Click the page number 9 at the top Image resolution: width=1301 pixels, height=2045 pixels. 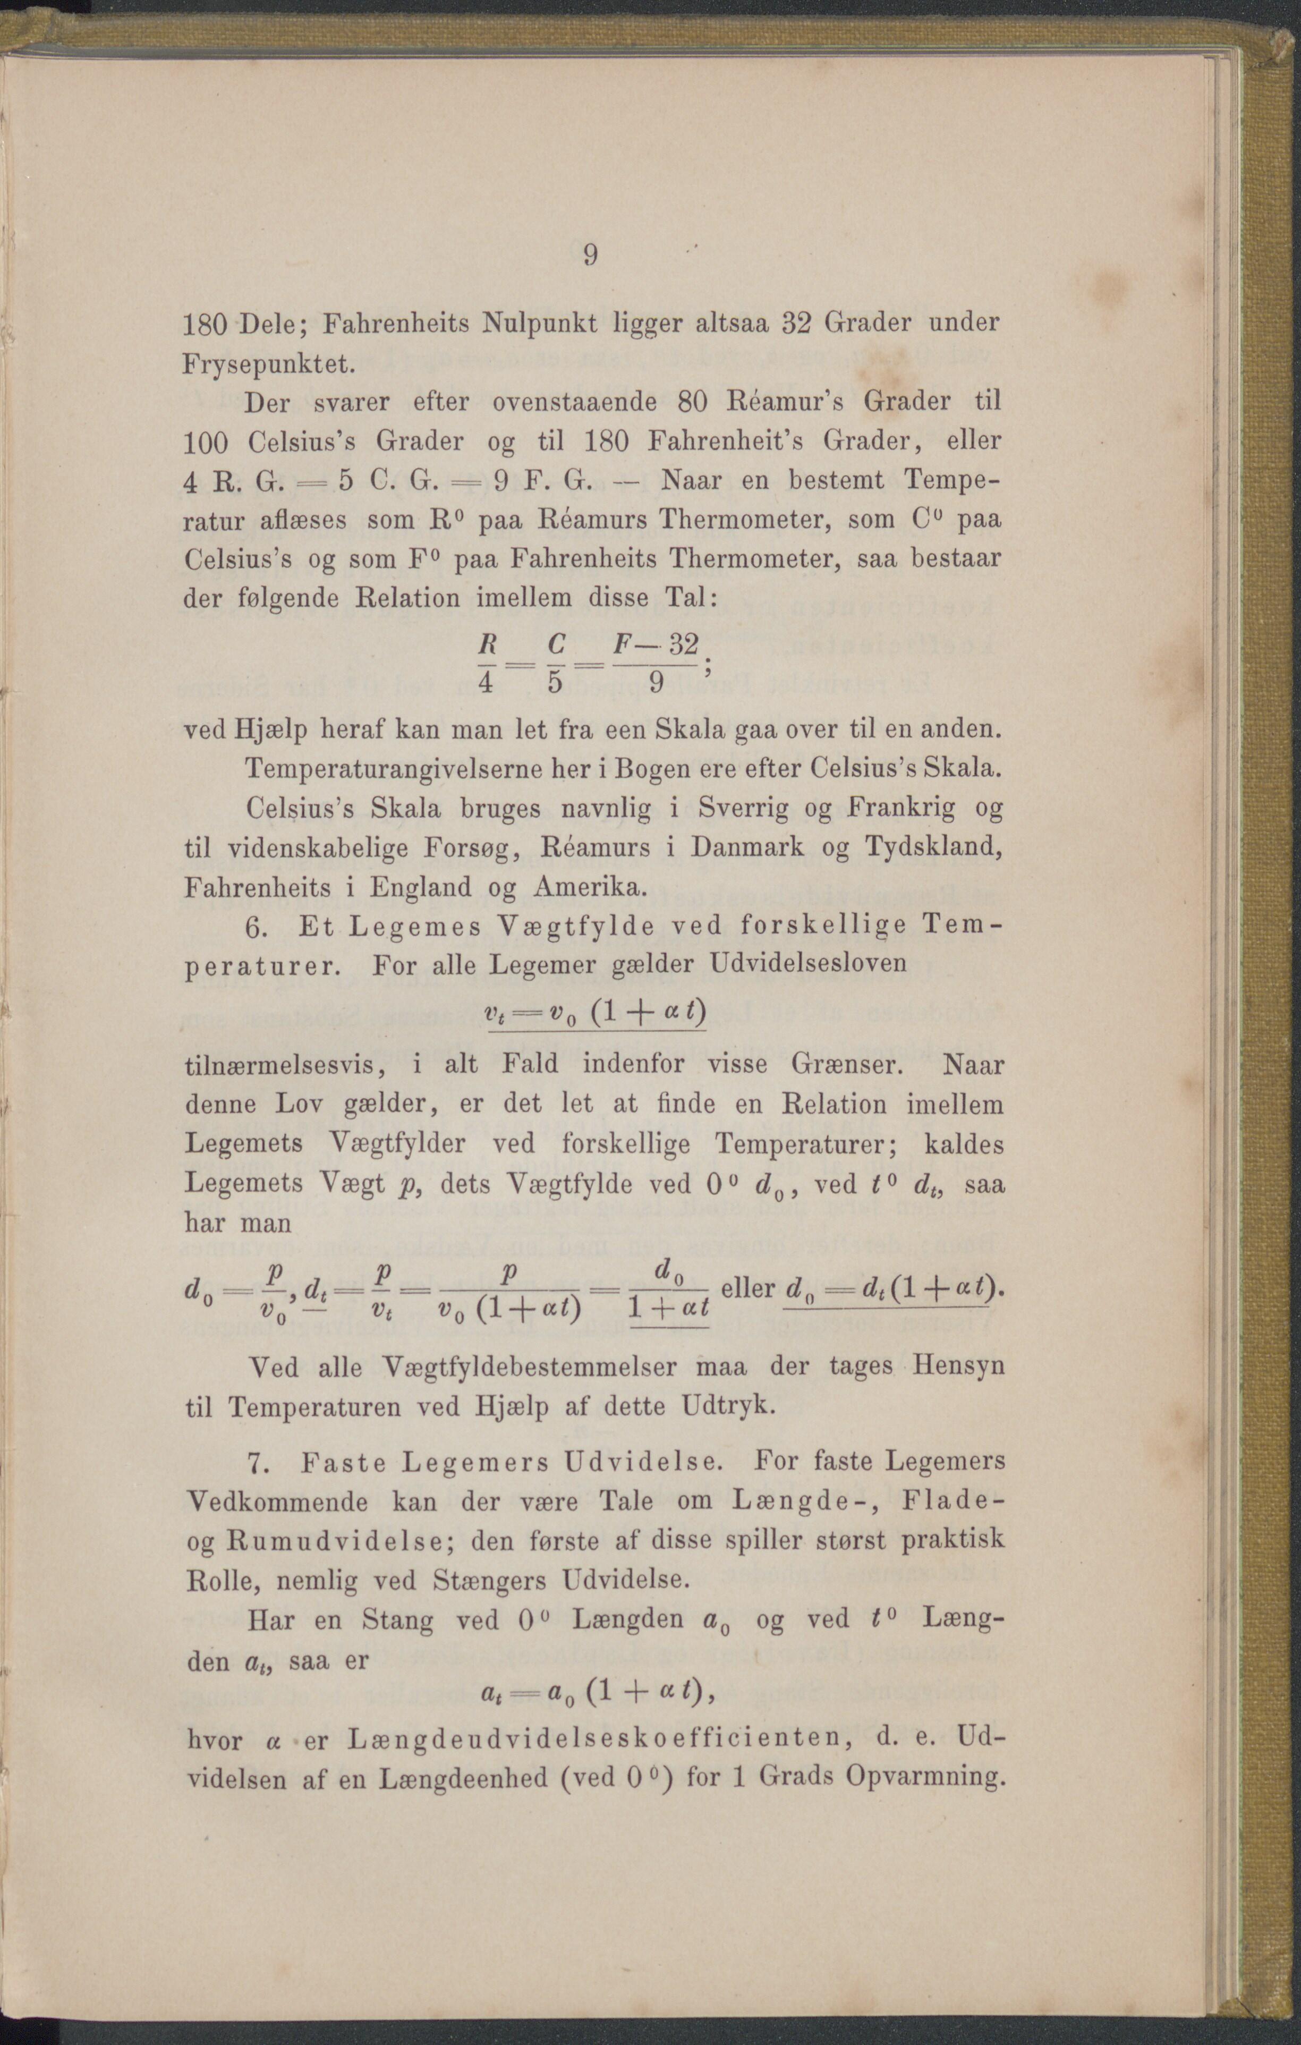[591, 255]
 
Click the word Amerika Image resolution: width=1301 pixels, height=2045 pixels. [590, 887]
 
